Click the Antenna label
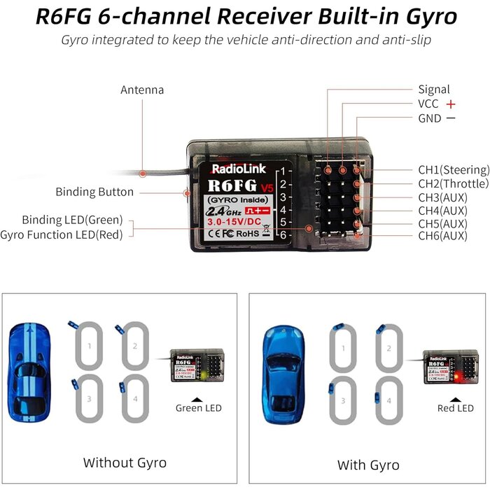[x=142, y=90]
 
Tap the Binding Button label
[x=94, y=192]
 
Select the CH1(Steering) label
[x=453, y=169]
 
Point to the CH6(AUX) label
[x=442, y=236]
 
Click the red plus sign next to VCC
[x=451, y=104]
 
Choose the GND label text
[x=430, y=118]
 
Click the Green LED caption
[x=199, y=408]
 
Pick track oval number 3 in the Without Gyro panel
[x=89, y=399]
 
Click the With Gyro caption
[x=368, y=465]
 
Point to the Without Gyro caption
[x=125, y=462]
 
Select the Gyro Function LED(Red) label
[x=62, y=234]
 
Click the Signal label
[x=434, y=90]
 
